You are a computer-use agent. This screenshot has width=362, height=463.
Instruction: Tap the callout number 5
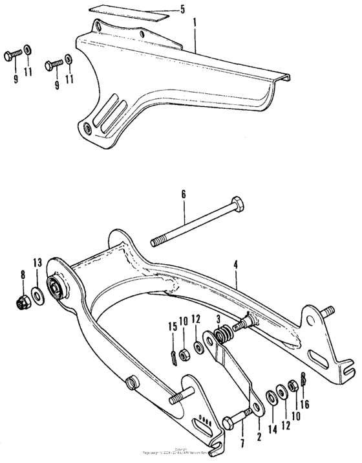[x=182, y=9]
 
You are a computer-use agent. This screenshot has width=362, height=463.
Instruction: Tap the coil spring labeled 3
[x=223, y=335]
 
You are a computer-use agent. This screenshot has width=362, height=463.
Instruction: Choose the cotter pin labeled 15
[x=173, y=356]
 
